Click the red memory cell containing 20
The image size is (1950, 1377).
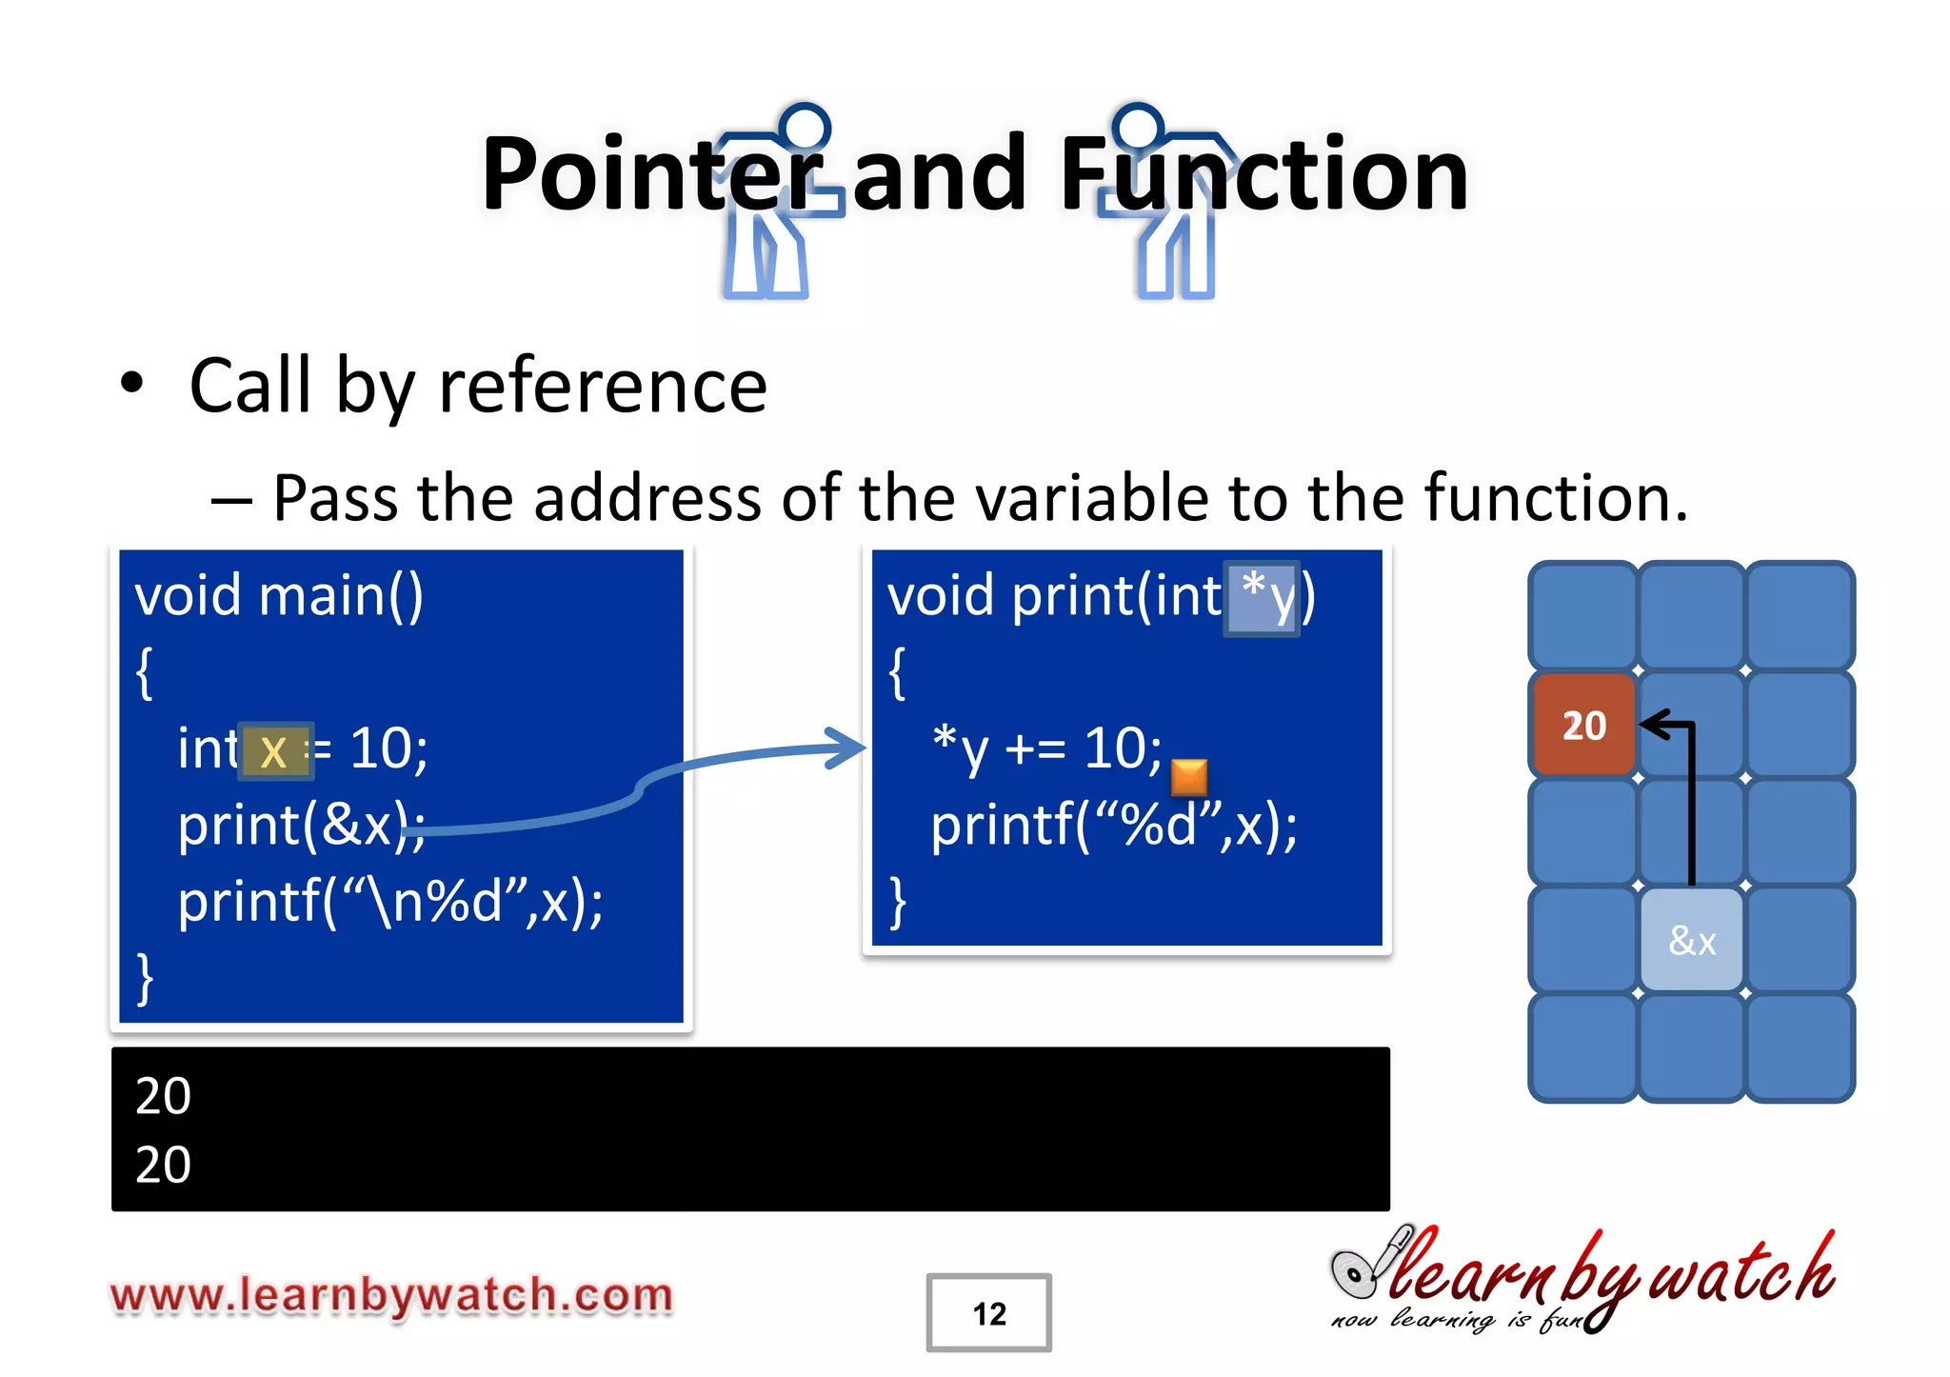[1583, 725]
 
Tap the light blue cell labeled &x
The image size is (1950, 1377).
[1692, 941]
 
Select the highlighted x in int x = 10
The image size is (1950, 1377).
[274, 751]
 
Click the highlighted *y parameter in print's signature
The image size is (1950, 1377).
[1262, 598]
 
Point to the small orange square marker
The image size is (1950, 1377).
[1188, 777]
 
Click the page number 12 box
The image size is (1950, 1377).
[988, 1312]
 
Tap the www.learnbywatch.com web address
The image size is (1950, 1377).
[391, 1295]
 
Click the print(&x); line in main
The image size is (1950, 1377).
[301, 825]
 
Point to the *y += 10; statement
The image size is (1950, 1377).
[1046, 748]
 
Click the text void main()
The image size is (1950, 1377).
[279, 596]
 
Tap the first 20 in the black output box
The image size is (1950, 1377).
[163, 1096]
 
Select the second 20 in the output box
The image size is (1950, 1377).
[163, 1165]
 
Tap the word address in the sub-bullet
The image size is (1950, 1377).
[647, 498]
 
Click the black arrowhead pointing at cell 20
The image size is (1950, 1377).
[1655, 726]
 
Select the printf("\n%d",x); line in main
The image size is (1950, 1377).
[390, 902]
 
